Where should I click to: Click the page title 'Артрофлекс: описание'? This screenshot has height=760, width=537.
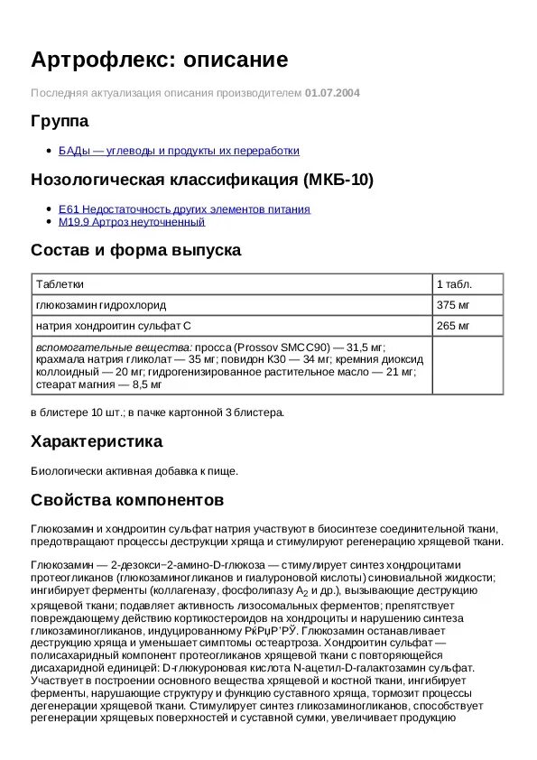tap(160, 60)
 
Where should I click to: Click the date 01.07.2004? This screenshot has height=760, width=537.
tap(332, 92)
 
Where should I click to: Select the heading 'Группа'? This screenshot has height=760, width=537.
tap(60, 121)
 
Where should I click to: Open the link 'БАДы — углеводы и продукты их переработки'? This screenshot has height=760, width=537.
tap(179, 151)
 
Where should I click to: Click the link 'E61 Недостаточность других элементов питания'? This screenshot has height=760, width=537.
tap(184, 209)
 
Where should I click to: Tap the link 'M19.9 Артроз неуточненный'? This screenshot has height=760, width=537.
tap(132, 221)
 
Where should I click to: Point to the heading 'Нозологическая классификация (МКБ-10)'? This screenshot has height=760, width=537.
tap(202, 179)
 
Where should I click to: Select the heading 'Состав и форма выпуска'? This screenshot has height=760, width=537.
tap(135, 250)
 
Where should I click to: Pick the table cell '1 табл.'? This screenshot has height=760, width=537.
tap(454, 283)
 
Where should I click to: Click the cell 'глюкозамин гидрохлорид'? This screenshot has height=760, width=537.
tap(101, 304)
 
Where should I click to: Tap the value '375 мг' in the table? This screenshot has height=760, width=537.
tap(453, 304)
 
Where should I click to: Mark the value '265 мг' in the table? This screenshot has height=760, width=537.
tap(453, 325)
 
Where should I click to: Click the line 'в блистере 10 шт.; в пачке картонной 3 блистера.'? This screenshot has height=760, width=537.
tap(157, 412)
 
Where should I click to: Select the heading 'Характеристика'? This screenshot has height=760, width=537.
tap(97, 441)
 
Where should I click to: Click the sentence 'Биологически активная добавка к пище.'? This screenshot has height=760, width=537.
tap(134, 470)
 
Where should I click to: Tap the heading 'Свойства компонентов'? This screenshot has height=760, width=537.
tap(127, 499)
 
